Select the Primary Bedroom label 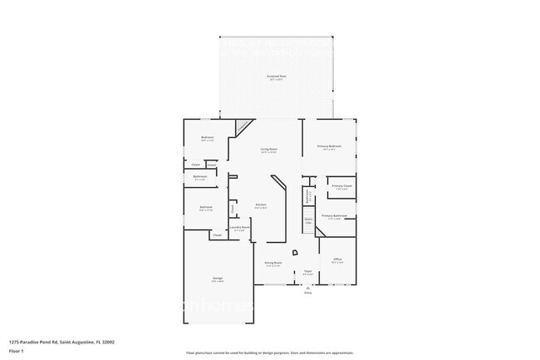click(330, 147)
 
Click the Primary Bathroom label click(334, 217)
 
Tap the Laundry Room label click(236, 228)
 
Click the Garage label click(217, 279)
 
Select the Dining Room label click(273, 263)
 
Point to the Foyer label click(307, 272)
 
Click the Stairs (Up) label click(308, 222)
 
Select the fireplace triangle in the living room click(242, 128)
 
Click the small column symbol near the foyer click(294, 254)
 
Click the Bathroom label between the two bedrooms click(200, 177)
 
